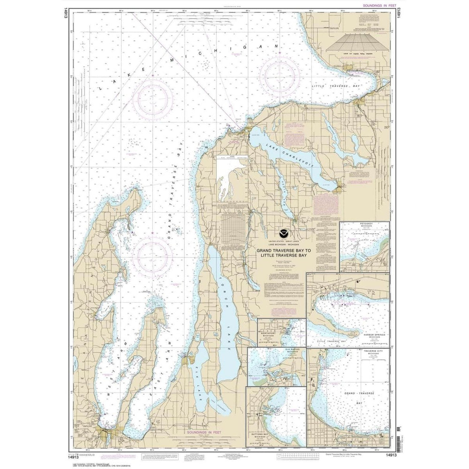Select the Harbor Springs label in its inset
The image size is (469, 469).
[x=374, y=336]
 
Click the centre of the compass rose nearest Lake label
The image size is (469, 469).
[x=152, y=99]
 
